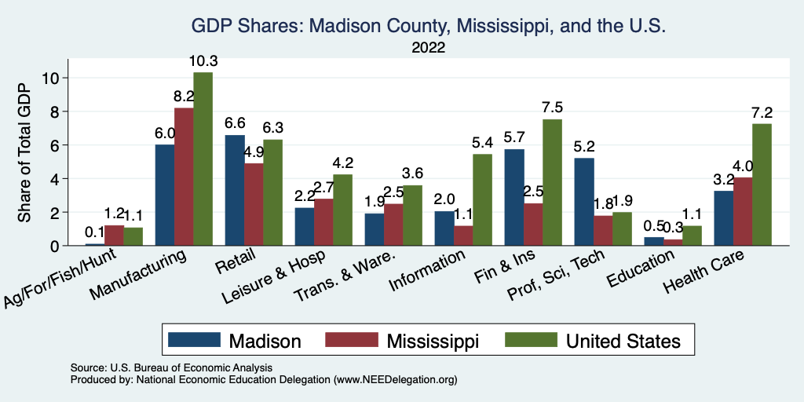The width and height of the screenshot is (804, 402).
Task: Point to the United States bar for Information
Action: pos(482,199)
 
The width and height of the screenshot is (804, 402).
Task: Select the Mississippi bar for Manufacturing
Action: pos(184,177)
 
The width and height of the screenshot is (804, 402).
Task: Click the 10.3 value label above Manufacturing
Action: pos(203,61)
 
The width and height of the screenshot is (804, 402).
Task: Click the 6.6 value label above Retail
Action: pos(235,124)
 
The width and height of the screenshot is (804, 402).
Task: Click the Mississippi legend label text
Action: pos(433,340)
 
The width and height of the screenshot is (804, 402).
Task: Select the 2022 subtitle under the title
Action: pos(428,48)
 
